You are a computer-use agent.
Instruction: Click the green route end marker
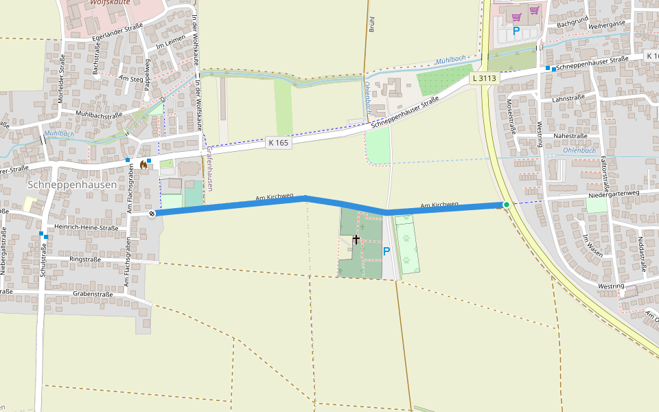[x=507, y=205]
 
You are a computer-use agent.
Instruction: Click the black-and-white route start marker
[x=152, y=214]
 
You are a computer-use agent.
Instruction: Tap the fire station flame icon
[x=143, y=164]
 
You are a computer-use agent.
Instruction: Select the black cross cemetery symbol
[x=356, y=239]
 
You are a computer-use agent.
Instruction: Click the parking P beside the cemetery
[x=386, y=251]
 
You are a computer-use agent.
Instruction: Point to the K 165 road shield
[x=279, y=143]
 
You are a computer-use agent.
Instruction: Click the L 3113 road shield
[x=483, y=78]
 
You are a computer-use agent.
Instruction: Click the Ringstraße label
[x=86, y=260]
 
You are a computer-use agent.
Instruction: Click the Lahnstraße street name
[x=568, y=98]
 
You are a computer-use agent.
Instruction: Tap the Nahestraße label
[x=569, y=137]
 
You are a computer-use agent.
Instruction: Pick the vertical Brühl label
[x=371, y=25]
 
